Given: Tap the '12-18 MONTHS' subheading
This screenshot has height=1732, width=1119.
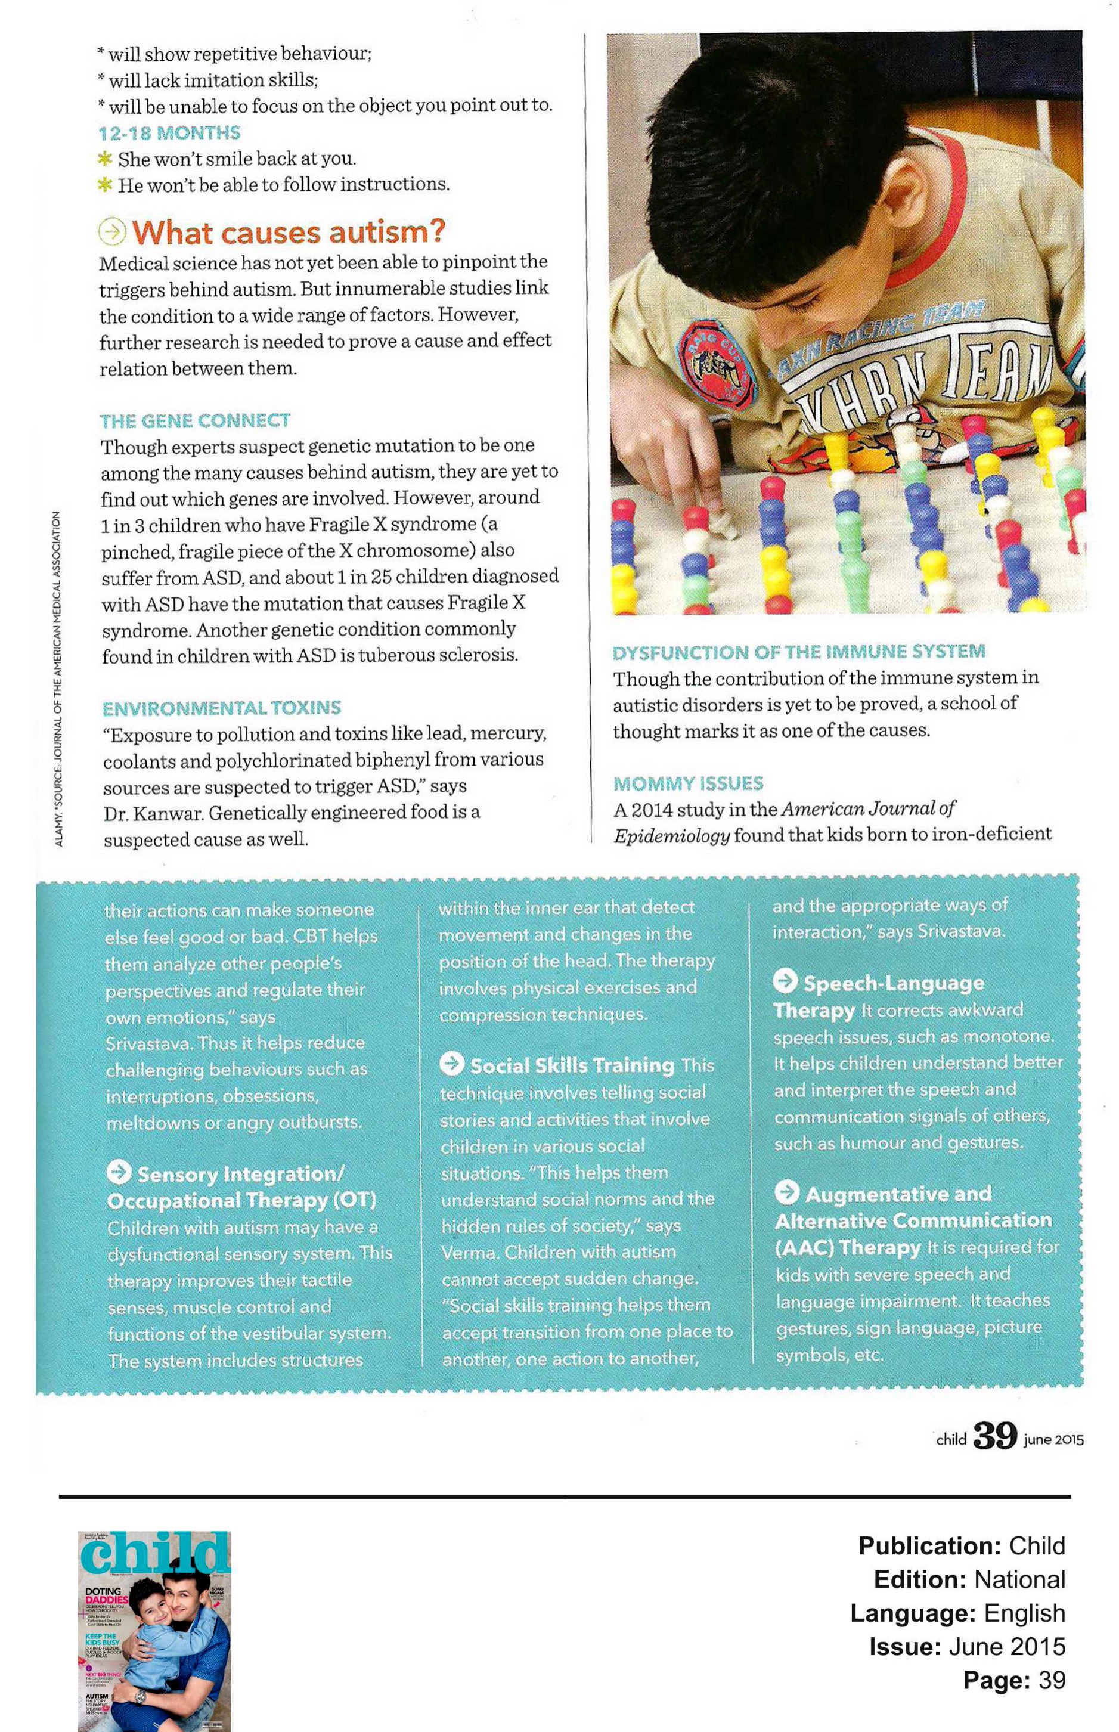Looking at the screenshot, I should [169, 133].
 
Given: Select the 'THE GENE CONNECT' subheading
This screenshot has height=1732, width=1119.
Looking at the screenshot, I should [195, 421].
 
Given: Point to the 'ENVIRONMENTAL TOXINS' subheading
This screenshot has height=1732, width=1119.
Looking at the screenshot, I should [222, 708].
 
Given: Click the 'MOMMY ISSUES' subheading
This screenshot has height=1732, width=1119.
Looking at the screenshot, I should [688, 783].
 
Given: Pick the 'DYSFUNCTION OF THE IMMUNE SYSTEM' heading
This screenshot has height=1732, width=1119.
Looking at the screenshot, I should [798, 652].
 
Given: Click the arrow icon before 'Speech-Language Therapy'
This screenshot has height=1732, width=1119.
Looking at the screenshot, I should [785, 981].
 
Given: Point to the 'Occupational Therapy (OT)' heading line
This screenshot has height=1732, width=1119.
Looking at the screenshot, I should [241, 1200].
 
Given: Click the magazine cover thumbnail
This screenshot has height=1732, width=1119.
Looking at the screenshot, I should [154, 1631].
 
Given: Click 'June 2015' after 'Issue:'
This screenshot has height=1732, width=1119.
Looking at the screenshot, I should [1007, 1646].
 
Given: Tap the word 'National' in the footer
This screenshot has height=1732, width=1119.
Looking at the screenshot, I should [1019, 1579].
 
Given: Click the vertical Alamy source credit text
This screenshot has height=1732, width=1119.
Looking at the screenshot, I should [58, 678].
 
